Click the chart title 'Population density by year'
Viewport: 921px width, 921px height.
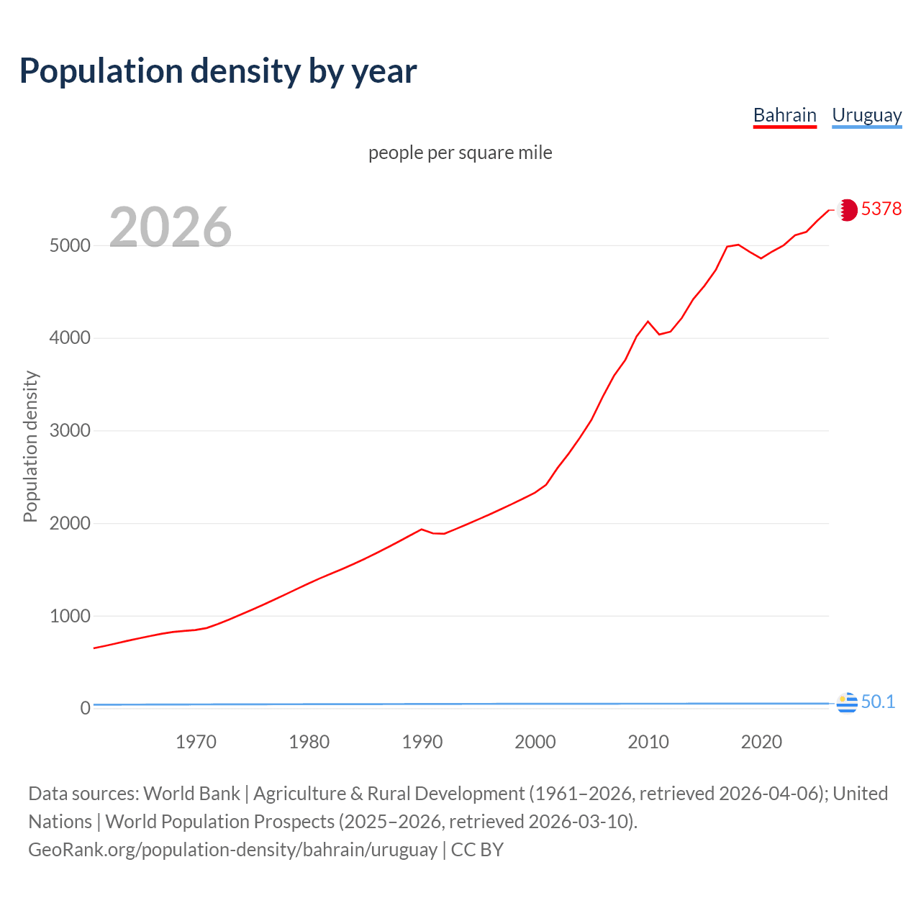[x=218, y=71]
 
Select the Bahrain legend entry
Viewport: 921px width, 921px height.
[x=784, y=115]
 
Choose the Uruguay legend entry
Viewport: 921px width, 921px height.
[x=866, y=115]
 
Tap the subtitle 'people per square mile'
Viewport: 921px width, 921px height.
[x=460, y=153]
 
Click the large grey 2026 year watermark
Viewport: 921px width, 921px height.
[x=171, y=227]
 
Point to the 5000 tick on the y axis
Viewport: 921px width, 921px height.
[x=70, y=245]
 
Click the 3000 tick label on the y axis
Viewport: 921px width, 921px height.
[x=70, y=431]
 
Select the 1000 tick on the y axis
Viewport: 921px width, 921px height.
[x=70, y=616]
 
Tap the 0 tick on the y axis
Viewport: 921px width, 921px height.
[x=86, y=709]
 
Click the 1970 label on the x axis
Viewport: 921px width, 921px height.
[x=196, y=742]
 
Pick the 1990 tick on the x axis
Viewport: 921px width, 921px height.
[x=422, y=742]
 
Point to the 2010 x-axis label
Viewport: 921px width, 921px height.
[x=648, y=742]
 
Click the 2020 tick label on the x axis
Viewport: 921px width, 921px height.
[x=761, y=742]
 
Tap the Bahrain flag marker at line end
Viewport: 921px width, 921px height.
[x=847, y=210]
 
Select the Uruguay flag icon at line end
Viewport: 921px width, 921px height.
[x=847, y=702]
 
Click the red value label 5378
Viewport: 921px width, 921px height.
[x=881, y=209]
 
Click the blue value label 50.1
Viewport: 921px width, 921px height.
[x=878, y=702]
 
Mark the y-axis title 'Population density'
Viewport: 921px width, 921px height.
[x=30, y=446]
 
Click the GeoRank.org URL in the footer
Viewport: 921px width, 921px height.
[x=232, y=850]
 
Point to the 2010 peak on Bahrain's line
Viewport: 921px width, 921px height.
[x=648, y=321]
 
